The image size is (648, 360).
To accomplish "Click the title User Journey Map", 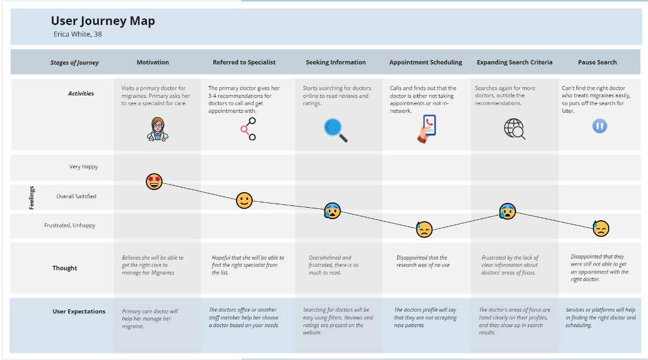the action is coord(103,21).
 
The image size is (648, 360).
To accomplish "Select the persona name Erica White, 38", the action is coord(78,34).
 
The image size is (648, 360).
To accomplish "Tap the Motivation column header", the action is coord(153,63).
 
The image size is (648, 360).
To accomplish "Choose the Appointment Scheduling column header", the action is coord(426,63).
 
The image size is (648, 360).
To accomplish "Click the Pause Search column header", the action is coord(597,63).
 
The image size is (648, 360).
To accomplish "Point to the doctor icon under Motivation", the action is coord(158,130).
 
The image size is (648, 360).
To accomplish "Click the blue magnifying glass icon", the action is coord(336,130).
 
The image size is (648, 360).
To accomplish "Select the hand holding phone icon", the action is coord(426,129).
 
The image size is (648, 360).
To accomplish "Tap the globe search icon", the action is coord(514,129).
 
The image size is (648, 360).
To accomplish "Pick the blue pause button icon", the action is coord(600,126).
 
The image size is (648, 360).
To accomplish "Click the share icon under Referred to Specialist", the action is coord(248,129).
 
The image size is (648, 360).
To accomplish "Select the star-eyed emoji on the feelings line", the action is coord(154,181).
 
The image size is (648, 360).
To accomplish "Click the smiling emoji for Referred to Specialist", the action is coord(244,201).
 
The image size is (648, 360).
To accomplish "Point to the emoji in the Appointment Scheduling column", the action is coord(424,229).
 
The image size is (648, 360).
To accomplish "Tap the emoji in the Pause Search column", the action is coord(601,228).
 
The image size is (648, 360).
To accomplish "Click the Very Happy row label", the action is coord(84,167).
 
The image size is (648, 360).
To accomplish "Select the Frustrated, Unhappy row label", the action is coord(69,225).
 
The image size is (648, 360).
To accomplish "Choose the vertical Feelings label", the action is coord(32,198).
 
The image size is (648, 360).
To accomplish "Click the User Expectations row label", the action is coord(78,312).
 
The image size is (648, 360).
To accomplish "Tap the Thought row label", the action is coord(65,268).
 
